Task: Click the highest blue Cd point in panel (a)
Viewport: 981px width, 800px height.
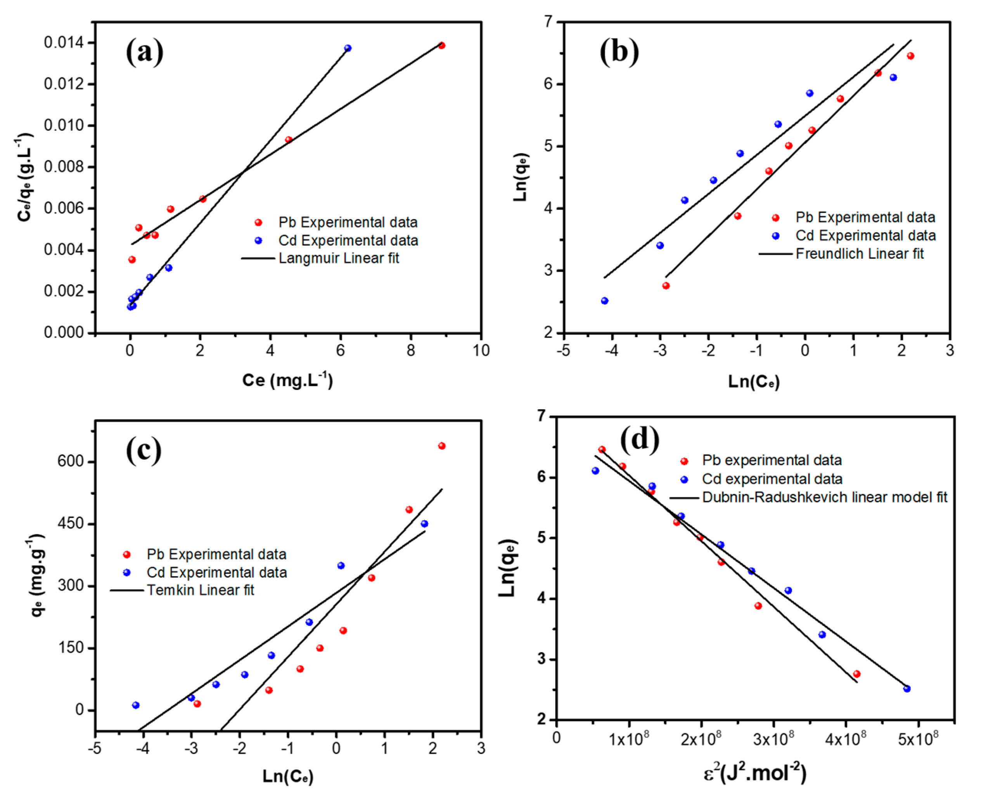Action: click(348, 48)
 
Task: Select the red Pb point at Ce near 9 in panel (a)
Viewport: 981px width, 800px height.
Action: click(441, 45)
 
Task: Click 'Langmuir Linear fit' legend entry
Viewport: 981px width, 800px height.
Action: click(339, 258)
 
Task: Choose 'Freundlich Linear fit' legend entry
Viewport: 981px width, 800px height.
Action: click(859, 253)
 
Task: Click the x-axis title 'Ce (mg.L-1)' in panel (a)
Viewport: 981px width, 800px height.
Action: click(287, 380)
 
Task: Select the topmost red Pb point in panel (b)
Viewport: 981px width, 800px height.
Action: click(910, 56)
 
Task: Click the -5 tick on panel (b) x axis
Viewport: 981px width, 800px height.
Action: click(563, 351)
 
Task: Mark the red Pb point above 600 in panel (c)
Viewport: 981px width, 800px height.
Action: click(441, 446)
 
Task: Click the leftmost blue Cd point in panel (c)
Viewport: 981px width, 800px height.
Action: click(135, 705)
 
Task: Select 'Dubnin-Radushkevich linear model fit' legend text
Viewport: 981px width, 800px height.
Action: click(824, 497)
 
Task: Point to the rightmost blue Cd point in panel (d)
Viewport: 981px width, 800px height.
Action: click(907, 689)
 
